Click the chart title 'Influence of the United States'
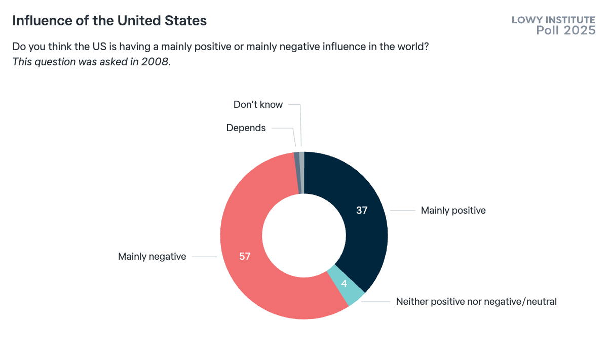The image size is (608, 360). click(x=109, y=21)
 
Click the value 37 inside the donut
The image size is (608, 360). click(x=361, y=210)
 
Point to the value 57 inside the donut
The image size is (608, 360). click(x=245, y=256)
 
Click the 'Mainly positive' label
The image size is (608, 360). click(x=453, y=211)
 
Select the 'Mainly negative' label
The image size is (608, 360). click(x=152, y=257)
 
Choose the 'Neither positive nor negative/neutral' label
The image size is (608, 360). click(x=476, y=302)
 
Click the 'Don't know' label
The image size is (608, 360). click(x=258, y=105)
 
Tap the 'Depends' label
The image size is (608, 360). click(x=246, y=128)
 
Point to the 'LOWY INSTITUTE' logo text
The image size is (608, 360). click(x=553, y=20)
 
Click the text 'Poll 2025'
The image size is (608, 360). click(x=565, y=31)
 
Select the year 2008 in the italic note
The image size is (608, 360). click(x=154, y=61)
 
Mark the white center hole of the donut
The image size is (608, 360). click(x=304, y=235)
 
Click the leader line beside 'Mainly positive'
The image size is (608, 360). click(x=403, y=211)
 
